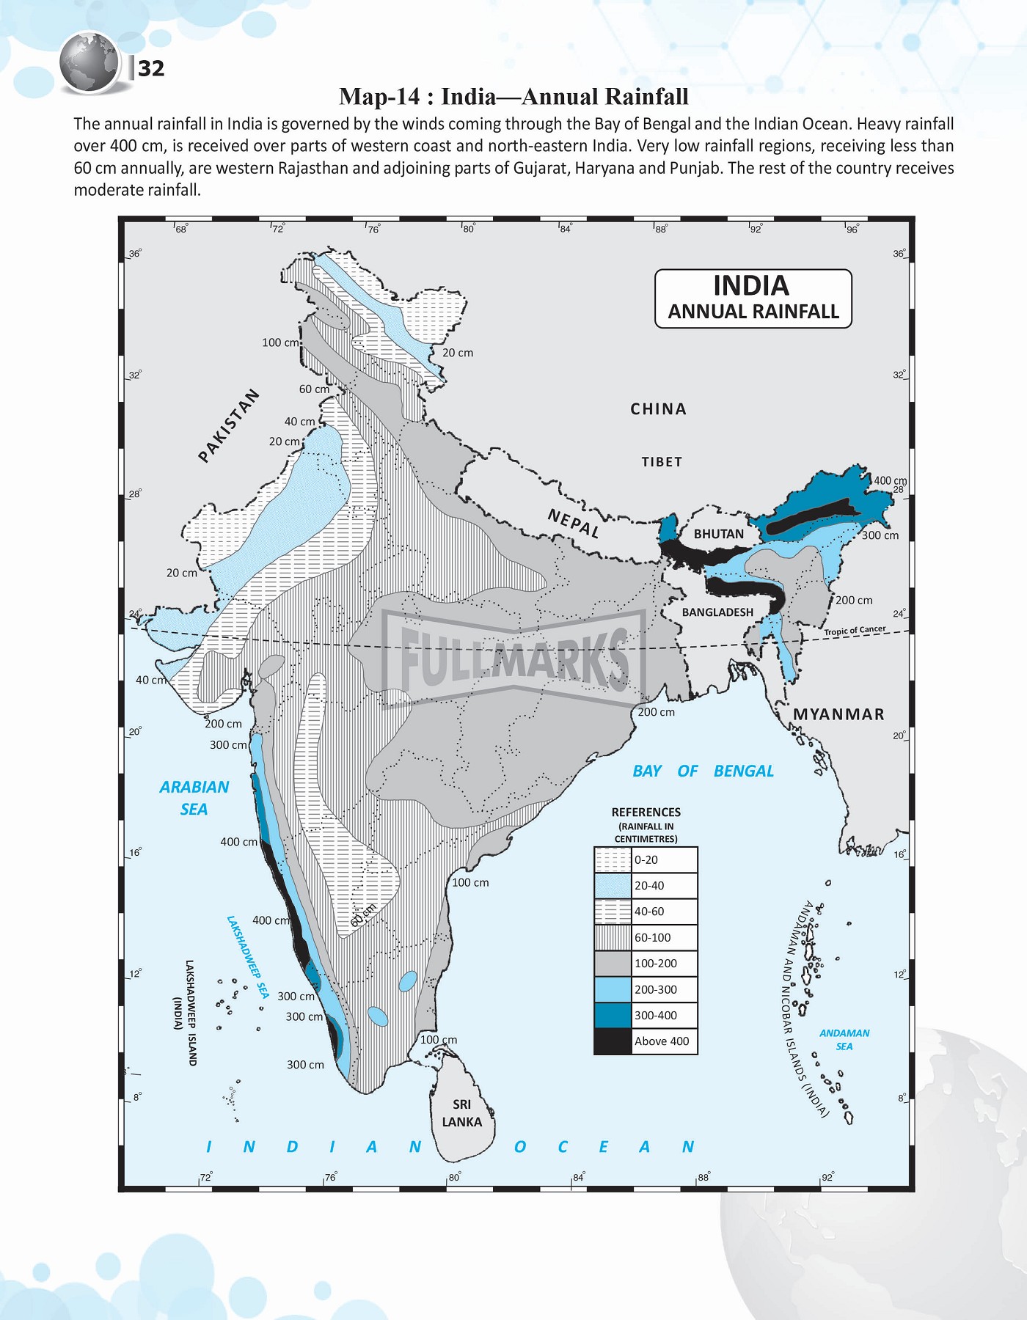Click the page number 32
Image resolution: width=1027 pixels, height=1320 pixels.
click(x=151, y=68)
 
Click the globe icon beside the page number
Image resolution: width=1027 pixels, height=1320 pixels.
click(x=89, y=63)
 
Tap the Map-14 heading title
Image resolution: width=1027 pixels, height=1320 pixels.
click(x=513, y=96)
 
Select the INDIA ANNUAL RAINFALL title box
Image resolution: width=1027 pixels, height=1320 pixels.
click(x=753, y=298)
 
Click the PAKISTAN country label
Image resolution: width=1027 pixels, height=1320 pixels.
click(x=229, y=425)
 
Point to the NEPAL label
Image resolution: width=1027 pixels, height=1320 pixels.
click(x=574, y=524)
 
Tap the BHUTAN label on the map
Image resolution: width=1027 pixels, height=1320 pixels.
click(x=718, y=534)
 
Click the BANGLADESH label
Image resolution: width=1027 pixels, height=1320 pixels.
click(x=717, y=612)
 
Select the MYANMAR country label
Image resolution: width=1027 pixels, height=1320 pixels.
click(x=838, y=714)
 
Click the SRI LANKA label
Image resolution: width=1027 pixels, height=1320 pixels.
click(x=461, y=1113)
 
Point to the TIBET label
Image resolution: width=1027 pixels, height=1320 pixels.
click(x=662, y=462)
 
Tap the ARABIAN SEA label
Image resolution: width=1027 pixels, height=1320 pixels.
click(x=194, y=798)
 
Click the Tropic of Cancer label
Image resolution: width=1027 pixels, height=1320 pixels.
click(x=855, y=631)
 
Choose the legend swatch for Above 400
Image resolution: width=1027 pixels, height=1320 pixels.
click(x=613, y=1041)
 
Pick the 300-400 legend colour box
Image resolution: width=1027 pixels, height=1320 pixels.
click(x=613, y=1016)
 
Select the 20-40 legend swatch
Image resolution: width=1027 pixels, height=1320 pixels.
click(x=613, y=885)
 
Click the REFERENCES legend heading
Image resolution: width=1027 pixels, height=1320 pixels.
click(x=646, y=813)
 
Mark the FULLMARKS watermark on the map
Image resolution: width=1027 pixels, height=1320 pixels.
click(x=513, y=658)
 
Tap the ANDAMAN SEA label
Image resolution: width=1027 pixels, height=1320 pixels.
click(x=844, y=1039)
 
